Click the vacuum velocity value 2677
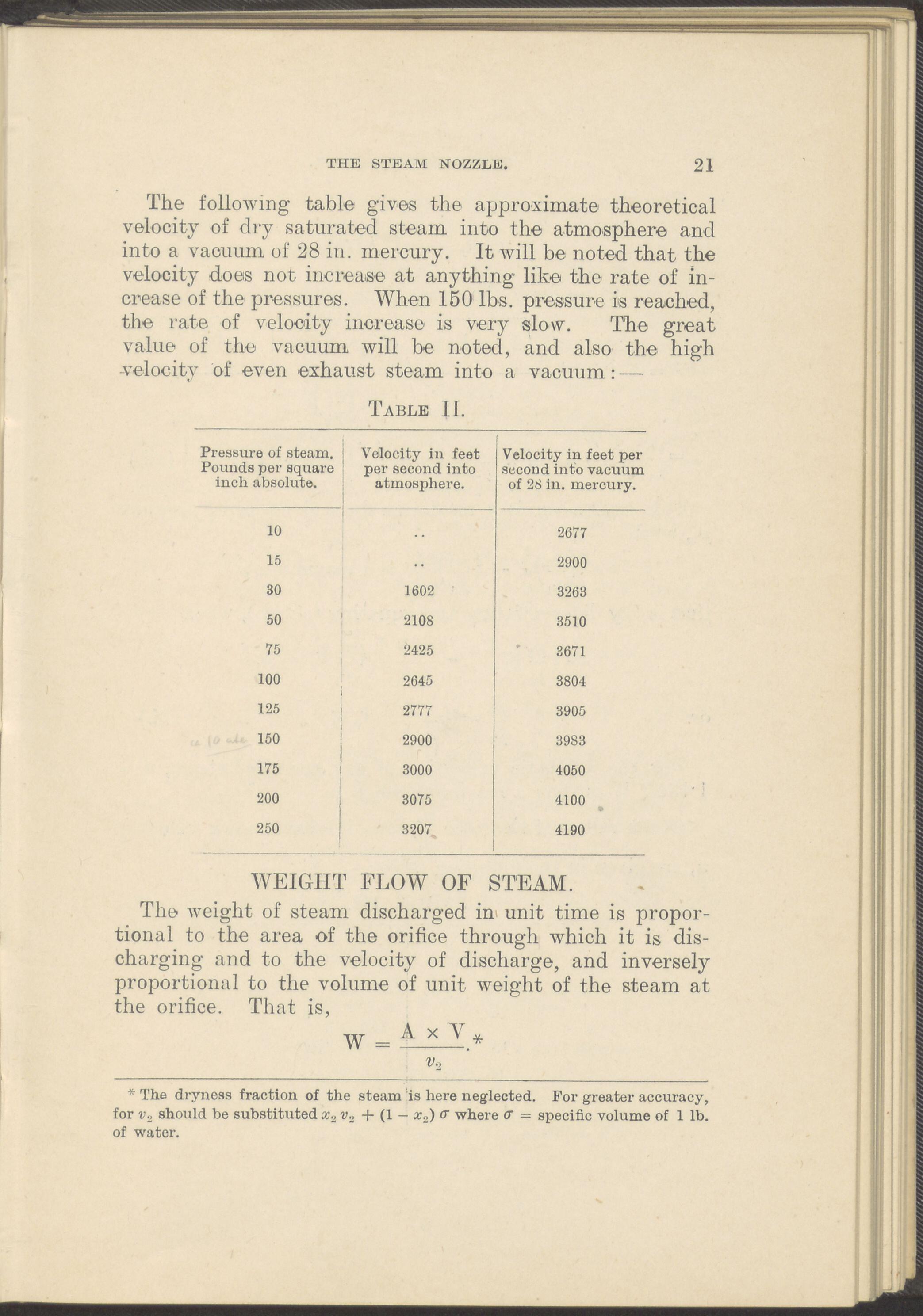[571, 533]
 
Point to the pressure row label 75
[273, 649]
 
